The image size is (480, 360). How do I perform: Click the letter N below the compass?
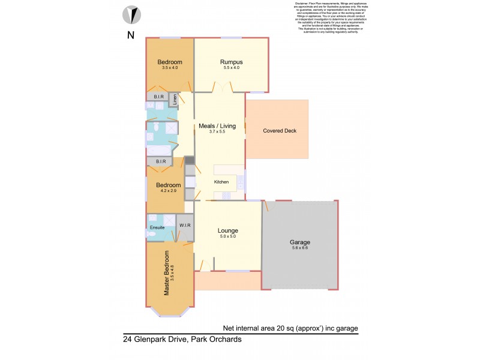coord(130,35)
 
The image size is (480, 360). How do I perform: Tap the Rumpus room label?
coord(231,62)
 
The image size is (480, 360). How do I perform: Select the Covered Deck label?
coord(280,131)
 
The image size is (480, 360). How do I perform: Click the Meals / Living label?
coord(217,126)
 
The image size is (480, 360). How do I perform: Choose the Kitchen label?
coord(222,182)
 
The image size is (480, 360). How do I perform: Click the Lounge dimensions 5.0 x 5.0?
coord(228,236)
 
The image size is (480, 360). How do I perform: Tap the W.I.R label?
coord(185,226)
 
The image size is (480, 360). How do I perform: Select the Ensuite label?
coord(157,227)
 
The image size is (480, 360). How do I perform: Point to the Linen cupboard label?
coord(175,100)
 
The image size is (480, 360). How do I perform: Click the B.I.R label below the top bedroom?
coord(159,96)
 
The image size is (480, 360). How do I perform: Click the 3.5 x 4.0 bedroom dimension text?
coord(170,68)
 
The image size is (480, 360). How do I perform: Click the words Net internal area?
coord(245,328)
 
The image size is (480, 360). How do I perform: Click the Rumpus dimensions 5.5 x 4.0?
coord(231,68)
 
